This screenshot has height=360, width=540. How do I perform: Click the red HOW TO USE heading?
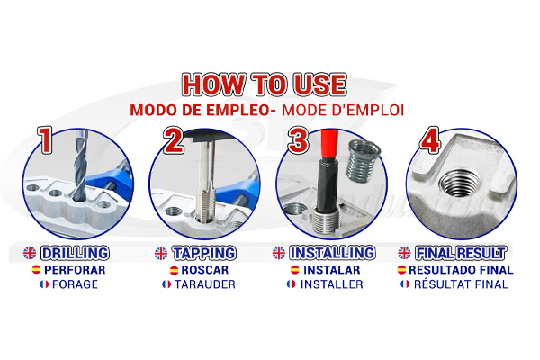tap(264, 85)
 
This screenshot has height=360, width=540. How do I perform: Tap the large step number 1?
tap(45, 139)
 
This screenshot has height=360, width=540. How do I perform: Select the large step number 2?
tap(173, 140)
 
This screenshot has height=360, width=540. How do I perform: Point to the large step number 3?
tap(298, 140)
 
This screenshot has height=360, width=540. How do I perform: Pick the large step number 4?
tap(429, 139)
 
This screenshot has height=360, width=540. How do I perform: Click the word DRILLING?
tap(75, 253)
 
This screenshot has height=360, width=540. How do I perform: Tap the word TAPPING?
tap(204, 253)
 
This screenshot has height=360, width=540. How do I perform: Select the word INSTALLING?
tap(332, 253)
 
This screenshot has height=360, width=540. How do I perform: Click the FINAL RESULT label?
tap(461, 253)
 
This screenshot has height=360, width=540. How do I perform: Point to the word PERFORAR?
tap(75, 270)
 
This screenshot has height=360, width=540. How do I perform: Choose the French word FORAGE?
tap(75, 284)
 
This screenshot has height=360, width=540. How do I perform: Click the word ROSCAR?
tap(205, 270)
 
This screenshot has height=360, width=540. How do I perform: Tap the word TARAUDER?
tap(205, 284)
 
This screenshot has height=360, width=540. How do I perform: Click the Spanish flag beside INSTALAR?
tap(295, 270)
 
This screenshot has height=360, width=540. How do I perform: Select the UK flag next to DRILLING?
tap(30, 253)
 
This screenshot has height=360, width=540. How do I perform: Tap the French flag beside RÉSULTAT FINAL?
tap(405, 284)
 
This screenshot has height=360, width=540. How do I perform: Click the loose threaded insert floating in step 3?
tap(364, 160)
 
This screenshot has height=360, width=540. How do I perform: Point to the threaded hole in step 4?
tap(461, 183)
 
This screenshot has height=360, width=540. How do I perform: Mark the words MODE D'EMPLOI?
tap(343, 110)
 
